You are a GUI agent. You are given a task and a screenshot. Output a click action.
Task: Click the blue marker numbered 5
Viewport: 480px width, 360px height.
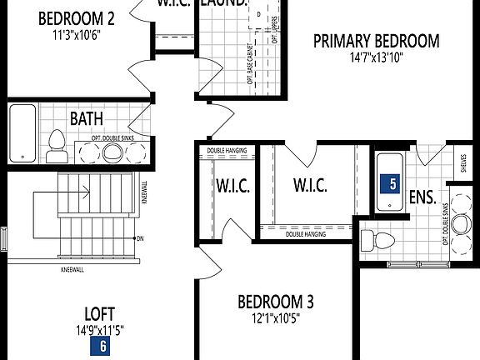tap(387, 183)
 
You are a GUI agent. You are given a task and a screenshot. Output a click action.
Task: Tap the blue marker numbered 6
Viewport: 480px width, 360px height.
tap(102, 346)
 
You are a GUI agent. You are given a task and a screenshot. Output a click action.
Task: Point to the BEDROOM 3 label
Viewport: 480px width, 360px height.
tap(275, 301)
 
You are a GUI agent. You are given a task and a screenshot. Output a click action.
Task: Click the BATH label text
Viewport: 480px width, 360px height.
tap(87, 120)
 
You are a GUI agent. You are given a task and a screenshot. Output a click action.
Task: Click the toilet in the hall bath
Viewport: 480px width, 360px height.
tap(57, 147)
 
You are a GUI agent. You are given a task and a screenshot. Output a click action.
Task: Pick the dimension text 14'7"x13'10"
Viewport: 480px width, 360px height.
tap(375, 58)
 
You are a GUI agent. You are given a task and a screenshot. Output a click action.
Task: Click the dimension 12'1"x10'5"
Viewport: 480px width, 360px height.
tap(275, 317)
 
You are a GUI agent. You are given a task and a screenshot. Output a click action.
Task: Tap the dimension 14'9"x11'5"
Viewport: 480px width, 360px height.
tap(102, 330)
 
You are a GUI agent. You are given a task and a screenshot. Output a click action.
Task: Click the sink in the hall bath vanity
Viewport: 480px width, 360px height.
tap(112, 152)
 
